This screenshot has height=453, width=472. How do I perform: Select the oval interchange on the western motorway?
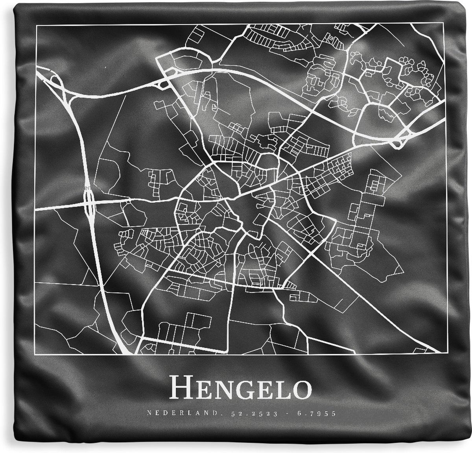[89, 201]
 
